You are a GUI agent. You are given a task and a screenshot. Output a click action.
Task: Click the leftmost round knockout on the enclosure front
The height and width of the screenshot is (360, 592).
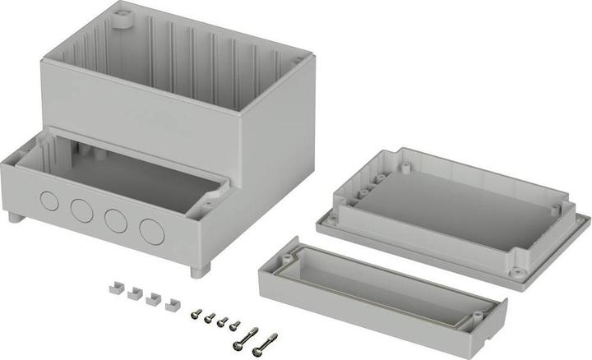point(49,200)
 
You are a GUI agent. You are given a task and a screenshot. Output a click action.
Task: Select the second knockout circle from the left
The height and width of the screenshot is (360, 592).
point(81,210)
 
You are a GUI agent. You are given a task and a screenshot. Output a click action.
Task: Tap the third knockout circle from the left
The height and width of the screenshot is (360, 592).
point(115,220)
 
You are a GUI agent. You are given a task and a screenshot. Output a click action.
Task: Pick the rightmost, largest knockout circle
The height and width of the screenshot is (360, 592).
point(152,231)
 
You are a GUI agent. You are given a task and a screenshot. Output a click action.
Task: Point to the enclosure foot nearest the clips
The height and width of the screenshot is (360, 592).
point(198,270)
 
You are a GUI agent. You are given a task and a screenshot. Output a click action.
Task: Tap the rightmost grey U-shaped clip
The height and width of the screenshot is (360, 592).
point(172,305)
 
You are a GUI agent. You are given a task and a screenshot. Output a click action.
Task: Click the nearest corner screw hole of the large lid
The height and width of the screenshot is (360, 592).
point(516,270)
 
